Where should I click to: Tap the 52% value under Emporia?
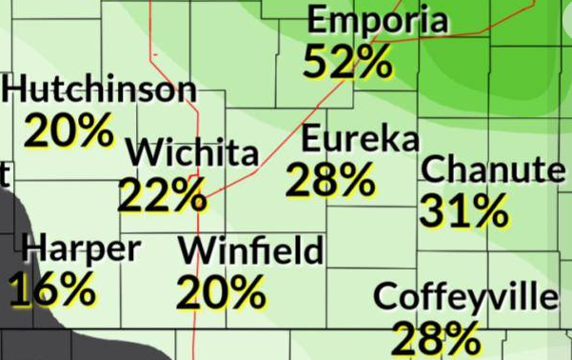coord(348,63)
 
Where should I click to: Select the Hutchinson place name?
coord(99,90)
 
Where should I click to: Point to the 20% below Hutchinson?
coord(70,130)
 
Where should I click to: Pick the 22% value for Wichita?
coord(163,195)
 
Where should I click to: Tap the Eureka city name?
coord(360,140)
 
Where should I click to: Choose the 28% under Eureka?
coord(329,179)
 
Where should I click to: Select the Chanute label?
coord(491,170)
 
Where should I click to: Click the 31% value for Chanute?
coord(464,211)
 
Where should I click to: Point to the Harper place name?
coord(82,250)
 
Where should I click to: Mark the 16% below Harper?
coord(52,289)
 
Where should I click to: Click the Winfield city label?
coord(251,251)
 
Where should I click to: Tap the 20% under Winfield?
coord(221,292)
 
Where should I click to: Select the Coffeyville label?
coord(465,297)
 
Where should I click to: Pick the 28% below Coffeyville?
coord(437,338)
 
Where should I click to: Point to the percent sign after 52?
coord(372,63)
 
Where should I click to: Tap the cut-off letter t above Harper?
coord(5,174)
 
